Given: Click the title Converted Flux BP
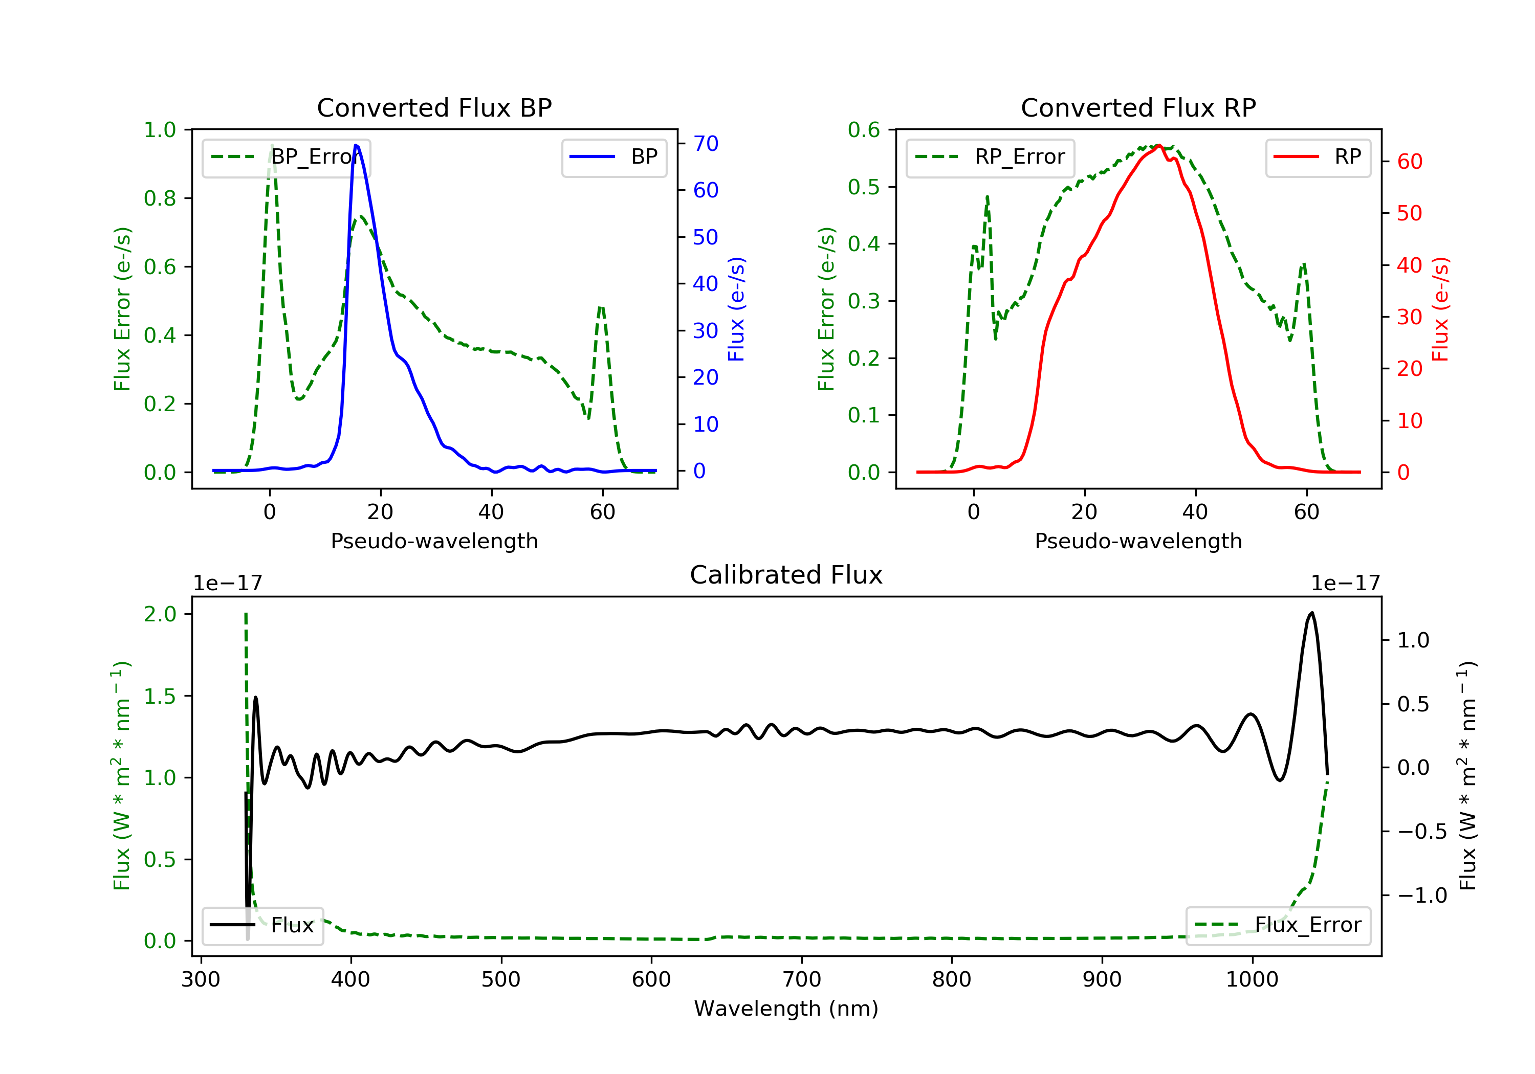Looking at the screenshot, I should click(434, 107).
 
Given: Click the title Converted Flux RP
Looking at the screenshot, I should click(1138, 107).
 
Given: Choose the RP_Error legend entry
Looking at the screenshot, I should click(990, 157).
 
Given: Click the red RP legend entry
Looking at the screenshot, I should click(1318, 157).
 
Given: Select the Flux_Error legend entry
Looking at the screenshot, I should click(1278, 925).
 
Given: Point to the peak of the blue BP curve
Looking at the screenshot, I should click(356, 145).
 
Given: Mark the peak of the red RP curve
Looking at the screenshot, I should click(1158, 145).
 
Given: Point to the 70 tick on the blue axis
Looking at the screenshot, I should click(705, 143).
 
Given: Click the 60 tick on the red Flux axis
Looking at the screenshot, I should click(1409, 162).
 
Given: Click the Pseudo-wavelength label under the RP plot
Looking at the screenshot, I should click(1138, 541).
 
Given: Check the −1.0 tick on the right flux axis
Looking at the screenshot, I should click(1421, 896).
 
